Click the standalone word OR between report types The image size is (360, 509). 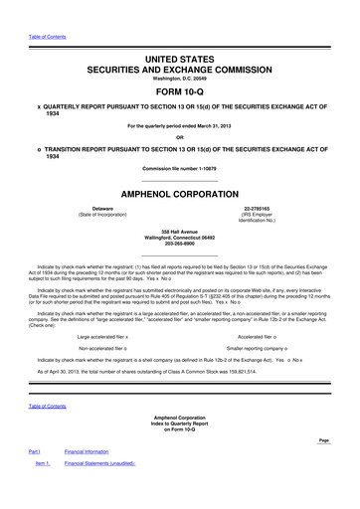[x=179, y=137]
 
